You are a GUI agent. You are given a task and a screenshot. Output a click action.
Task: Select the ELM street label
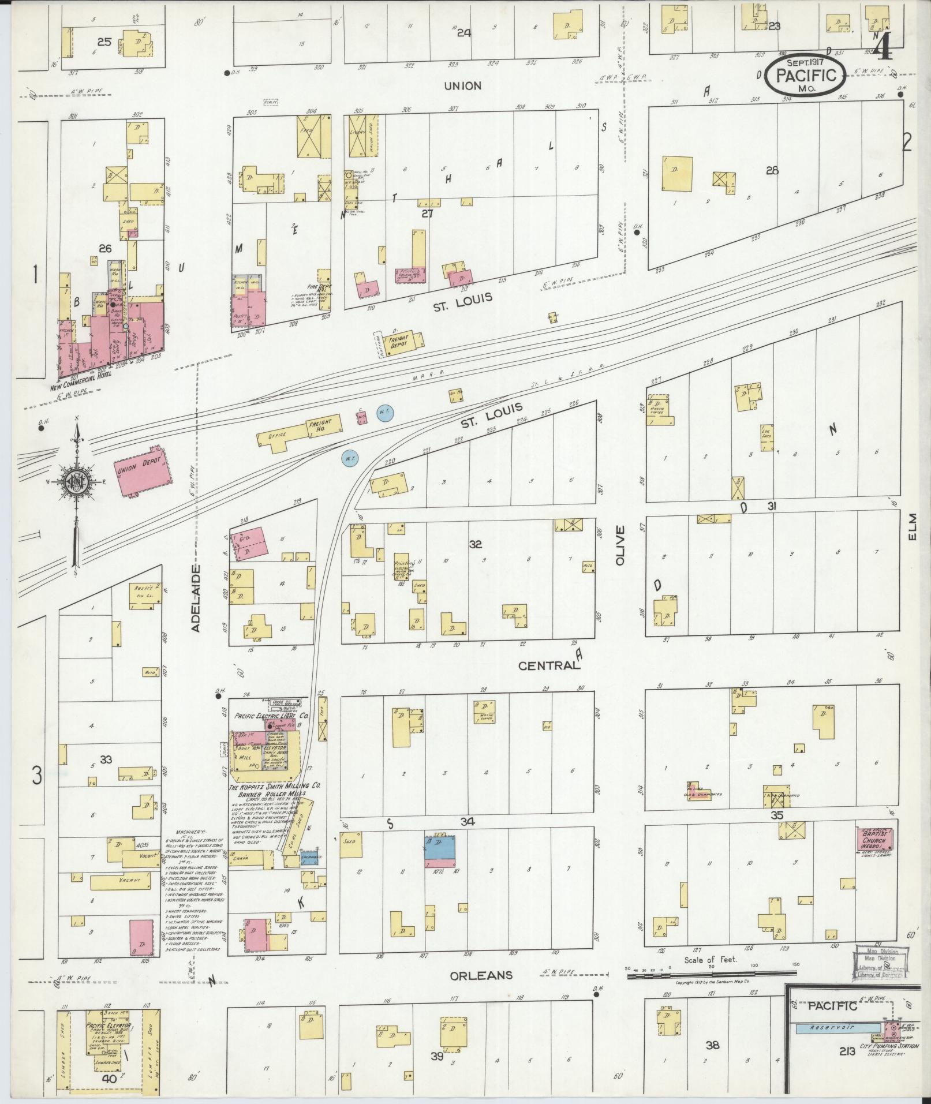(913, 527)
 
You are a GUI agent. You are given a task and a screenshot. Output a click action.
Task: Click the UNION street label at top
(462, 86)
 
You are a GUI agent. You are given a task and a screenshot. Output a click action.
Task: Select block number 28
(772, 171)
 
